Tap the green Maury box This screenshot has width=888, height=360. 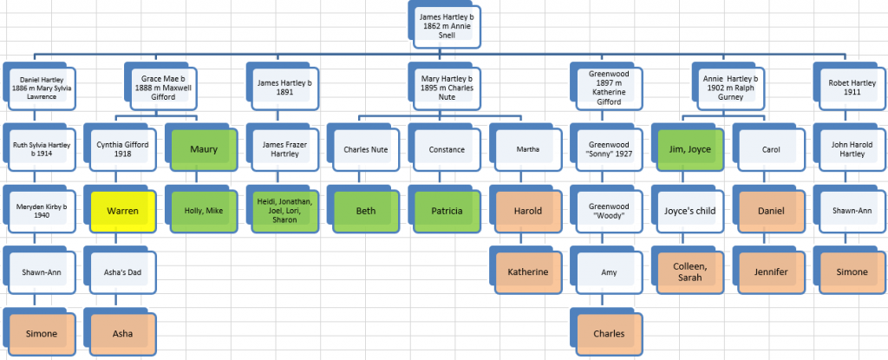click(204, 149)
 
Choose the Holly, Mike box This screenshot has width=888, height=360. click(204, 211)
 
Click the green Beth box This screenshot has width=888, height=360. click(365, 211)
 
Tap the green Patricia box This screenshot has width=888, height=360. click(447, 211)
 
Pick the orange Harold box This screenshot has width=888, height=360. click(528, 211)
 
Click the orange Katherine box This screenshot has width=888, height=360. click(528, 272)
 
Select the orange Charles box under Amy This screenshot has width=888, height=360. click(609, 333)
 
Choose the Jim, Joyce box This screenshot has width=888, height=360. click(689, 149)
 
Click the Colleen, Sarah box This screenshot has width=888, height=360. click(689, 272)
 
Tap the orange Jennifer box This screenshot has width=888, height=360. click(771, 272)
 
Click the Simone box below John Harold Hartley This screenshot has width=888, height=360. click(852, 272)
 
